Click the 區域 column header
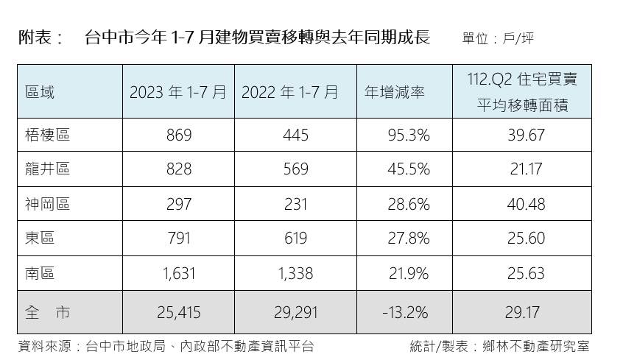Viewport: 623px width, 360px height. (40, 93)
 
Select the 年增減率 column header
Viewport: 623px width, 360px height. (395, 93)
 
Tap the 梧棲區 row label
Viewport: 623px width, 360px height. (47, 135)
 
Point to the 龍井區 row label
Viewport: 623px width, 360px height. (47, 169)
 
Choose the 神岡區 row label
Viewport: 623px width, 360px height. (47, 204)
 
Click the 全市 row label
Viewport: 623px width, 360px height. (47, 313)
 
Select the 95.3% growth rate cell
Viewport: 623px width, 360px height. (408, 135)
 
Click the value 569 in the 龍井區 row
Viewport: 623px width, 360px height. (295, 169)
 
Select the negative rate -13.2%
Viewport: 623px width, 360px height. (405, 313)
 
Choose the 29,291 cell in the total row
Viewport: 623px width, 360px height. (295, 313)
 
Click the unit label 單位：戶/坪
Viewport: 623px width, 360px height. (498, 38)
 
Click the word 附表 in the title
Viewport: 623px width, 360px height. (35, 38)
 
